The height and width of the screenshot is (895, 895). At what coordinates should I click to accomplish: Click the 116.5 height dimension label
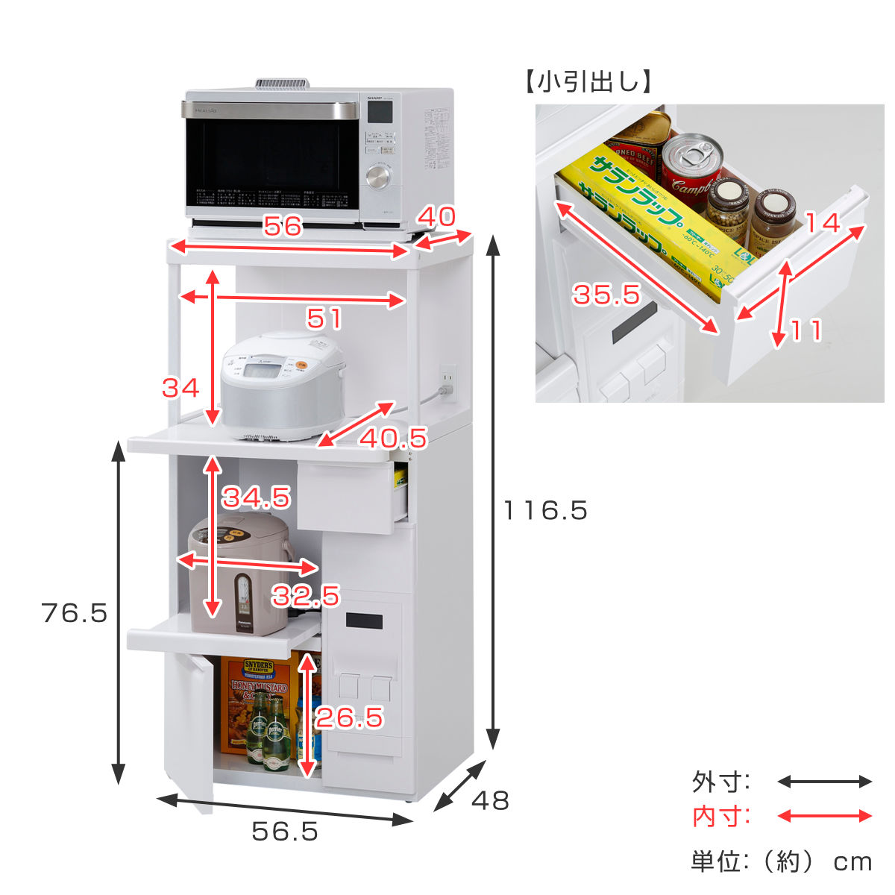[545, 511]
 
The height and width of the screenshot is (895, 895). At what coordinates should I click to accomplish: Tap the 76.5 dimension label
[75, 613]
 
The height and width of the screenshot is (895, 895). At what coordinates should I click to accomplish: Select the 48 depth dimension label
[490, 801]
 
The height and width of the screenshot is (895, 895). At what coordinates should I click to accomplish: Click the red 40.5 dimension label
[393, 438]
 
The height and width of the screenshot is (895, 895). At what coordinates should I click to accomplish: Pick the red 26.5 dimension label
[349, 717]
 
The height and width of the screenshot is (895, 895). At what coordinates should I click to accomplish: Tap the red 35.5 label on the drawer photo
[606, 295]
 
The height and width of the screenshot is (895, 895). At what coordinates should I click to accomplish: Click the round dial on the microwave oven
[378, 178]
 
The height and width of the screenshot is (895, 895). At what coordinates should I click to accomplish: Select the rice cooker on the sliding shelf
[283, 384]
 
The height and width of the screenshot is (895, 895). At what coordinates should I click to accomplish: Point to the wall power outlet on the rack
[448, 381]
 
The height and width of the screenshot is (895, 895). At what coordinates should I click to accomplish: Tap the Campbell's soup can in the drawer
[691, 171]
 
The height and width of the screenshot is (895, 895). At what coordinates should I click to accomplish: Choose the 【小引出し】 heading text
[589, 81]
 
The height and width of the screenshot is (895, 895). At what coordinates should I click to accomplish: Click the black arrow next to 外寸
[824, 782]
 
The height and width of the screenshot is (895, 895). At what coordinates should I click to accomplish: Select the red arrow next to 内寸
[824, 816]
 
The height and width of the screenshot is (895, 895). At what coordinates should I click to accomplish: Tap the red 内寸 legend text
[720, 817]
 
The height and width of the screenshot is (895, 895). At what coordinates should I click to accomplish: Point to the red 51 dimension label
[324, 319]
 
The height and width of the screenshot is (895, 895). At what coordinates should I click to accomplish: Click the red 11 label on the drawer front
[805, 330]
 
